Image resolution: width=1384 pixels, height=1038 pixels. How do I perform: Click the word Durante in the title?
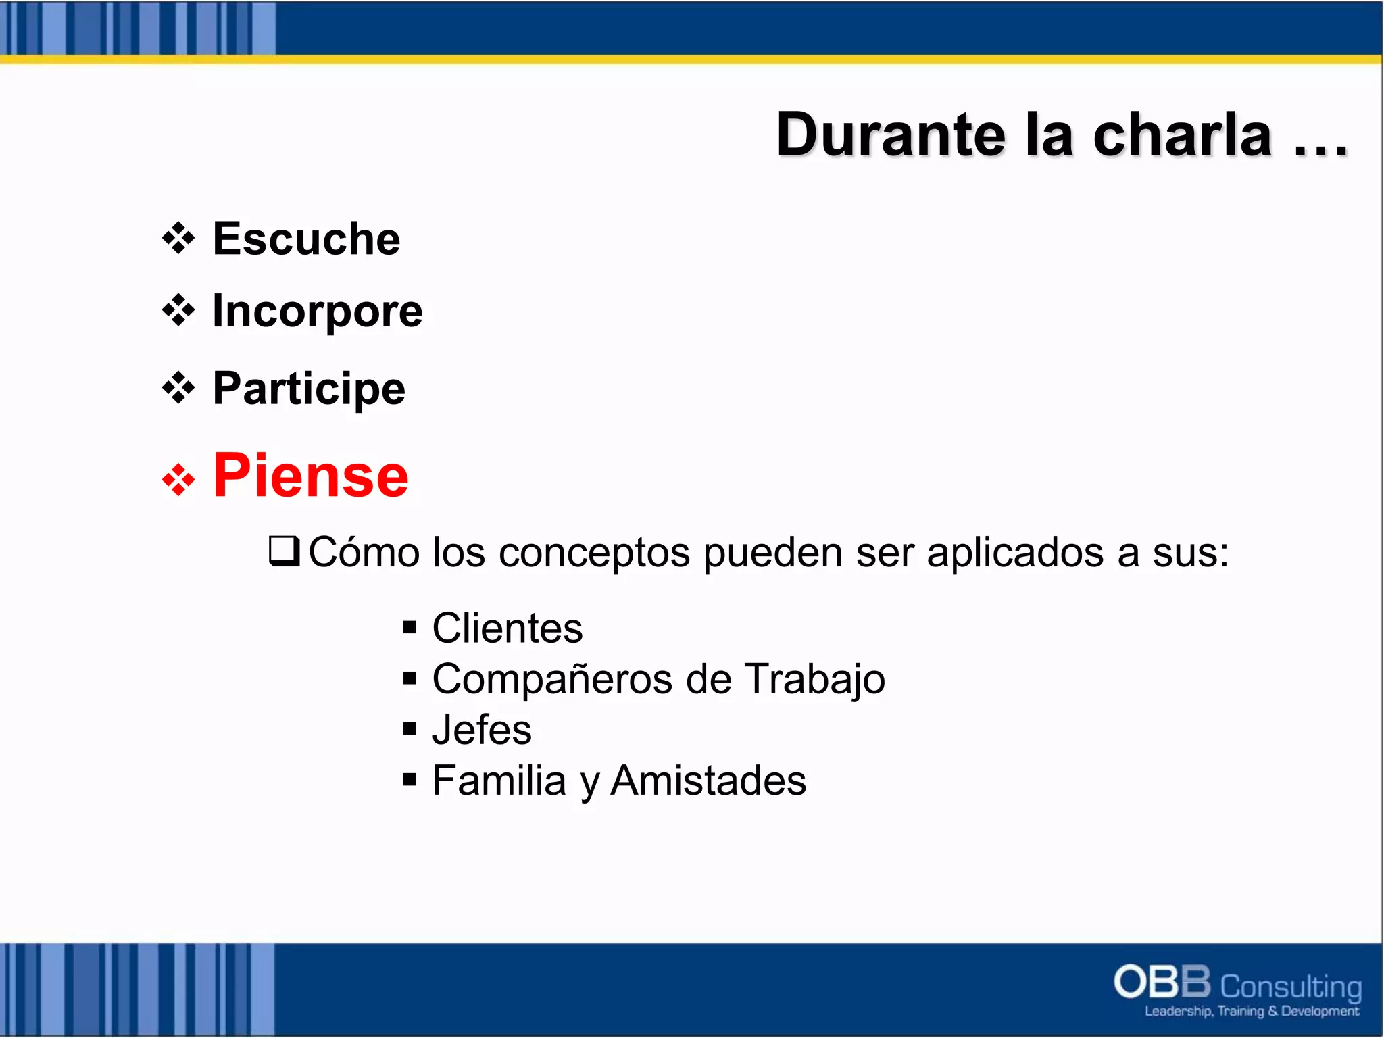(x=891, y=135)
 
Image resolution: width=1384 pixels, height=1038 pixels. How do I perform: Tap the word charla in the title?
(x=1183, y=135)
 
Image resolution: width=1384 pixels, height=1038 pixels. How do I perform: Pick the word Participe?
(x=309, y=389)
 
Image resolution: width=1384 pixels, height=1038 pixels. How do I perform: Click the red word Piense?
(x=311, y=476)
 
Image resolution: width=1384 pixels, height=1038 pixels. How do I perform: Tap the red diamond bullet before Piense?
(x=178, y=480)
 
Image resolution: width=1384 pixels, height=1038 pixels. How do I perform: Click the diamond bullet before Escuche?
(x=178, y=239)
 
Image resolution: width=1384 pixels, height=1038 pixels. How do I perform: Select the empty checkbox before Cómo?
(x=284, y=551)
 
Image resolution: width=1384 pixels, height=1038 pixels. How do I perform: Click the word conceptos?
(x=594, y=553)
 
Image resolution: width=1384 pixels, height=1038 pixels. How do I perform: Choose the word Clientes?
(x=507, y=628)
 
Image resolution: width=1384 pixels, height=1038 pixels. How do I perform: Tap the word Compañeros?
(x=552, y=679)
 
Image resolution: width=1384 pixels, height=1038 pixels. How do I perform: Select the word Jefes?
(x=482, y=730)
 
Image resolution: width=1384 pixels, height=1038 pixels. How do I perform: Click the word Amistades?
(x=708, y=781)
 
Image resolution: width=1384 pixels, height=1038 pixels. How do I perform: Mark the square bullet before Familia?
(x=409, y=780)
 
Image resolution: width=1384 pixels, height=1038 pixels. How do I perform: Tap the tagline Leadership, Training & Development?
(x=1251, y=1012)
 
